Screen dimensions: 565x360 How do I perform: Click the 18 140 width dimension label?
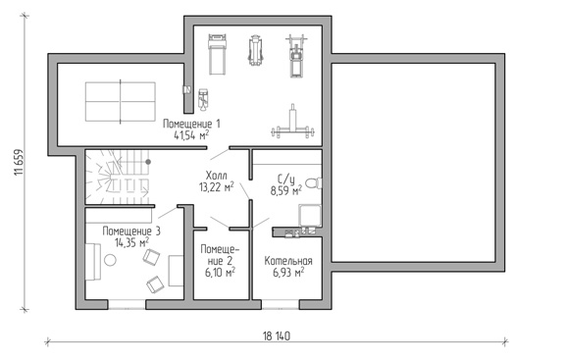click(277, 336)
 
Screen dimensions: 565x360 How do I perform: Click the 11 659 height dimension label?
click(19, 162)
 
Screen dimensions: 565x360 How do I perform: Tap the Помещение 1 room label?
click(191, 124)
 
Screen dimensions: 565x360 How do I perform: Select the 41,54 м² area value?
click(191, 135)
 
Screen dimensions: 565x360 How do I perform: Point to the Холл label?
click(216, 176)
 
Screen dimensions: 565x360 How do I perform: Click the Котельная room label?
click(288, 261)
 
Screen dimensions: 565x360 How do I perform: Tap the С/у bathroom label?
click(286, 180)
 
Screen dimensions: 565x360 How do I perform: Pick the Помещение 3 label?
click(131, 231)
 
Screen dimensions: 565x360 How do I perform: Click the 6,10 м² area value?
click(220, 273)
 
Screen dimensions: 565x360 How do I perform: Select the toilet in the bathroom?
click(314, 183)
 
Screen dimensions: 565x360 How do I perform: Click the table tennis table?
click(121, 101)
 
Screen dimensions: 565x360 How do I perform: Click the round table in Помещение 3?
click(110, 260)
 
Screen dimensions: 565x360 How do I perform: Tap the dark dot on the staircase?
click(148, 162)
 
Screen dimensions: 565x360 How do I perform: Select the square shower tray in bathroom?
click(310, 216)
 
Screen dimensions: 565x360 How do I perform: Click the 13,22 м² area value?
click(216, 187)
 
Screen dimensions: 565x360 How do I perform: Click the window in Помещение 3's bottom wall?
click(127, 304)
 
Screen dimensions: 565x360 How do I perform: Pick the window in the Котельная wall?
click(281, 304)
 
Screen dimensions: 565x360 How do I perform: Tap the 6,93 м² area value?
click(288, 273)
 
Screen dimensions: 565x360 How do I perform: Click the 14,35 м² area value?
click(131, 242)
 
